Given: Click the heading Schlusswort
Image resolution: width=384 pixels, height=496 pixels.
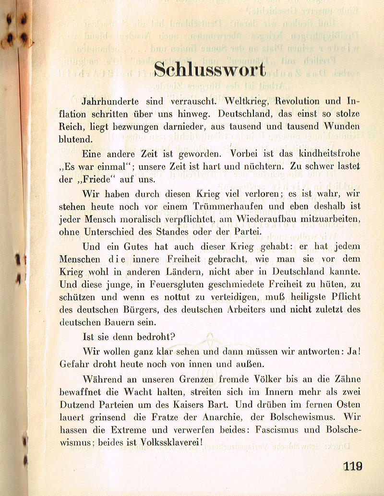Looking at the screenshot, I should (x=210, y=70).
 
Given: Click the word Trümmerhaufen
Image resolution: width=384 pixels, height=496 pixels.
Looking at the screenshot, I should (x=246, y=207).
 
